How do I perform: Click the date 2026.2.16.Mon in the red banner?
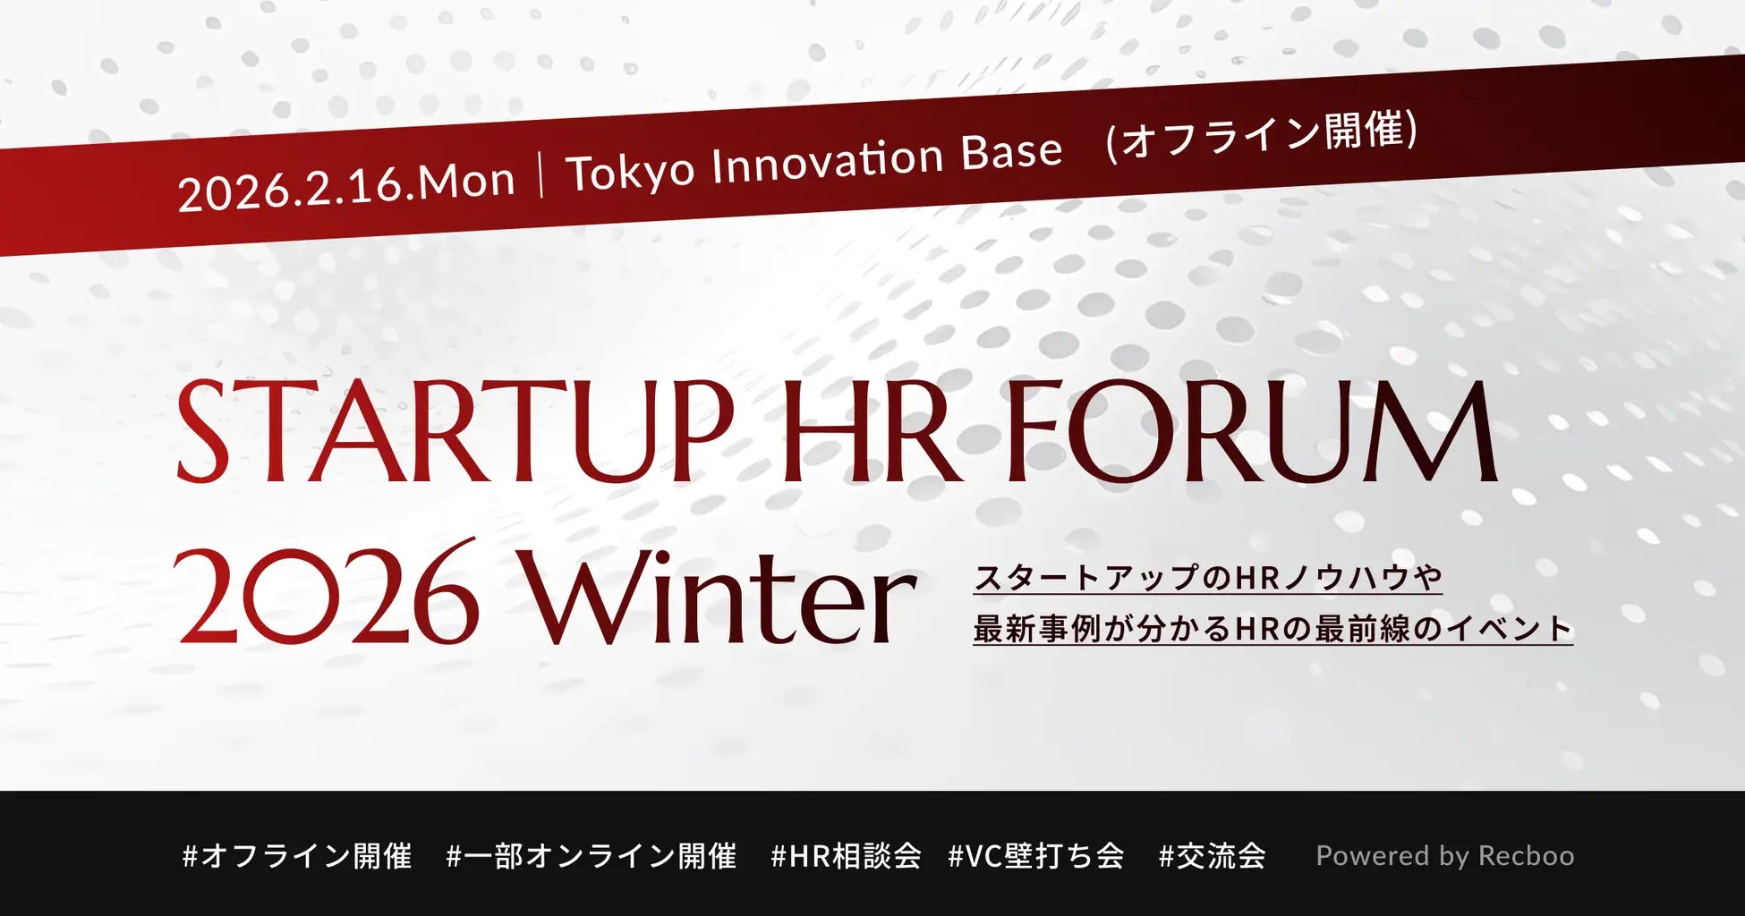pos(347,185)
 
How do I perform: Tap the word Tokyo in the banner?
pos(631,170)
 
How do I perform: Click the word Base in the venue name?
pos(1012,150)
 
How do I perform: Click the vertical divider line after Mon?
pos(541,174)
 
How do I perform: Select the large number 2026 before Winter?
pos(328,591)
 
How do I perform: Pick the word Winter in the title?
pos(720,591)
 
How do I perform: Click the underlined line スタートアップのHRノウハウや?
pos(1208,578)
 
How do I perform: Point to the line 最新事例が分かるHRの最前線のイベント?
pos(1273,628)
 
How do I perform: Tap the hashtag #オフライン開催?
pos(297,856)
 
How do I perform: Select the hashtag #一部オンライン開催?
pos(592,856)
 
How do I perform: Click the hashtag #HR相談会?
pos(847,856)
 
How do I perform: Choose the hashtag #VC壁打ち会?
pos(1036,856)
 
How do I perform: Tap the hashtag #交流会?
pos(1213,856)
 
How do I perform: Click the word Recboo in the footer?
pos(1526,856)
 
